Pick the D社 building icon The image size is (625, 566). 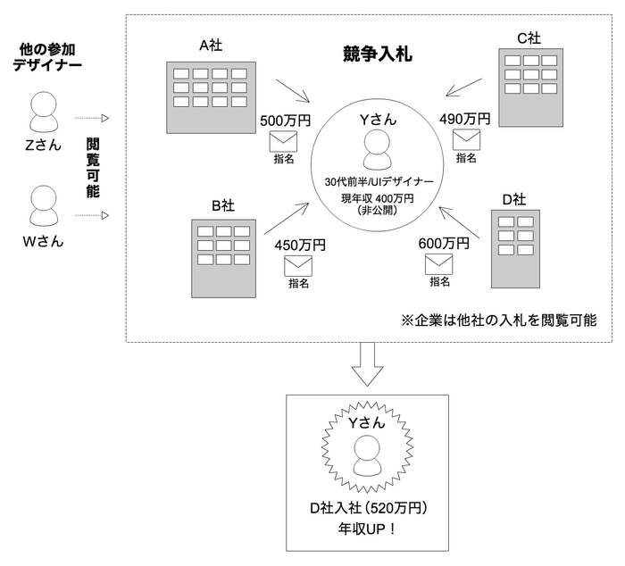tap(515, 249)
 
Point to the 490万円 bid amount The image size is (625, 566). tap(465, 119)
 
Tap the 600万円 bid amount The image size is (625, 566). tap(444, 243)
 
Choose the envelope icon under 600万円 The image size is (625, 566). tap(439, 263)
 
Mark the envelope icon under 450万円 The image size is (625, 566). tap(298, 265)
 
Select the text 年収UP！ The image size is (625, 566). tap(367, 529)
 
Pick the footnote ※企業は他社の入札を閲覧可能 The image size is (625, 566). tap(499, 319)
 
